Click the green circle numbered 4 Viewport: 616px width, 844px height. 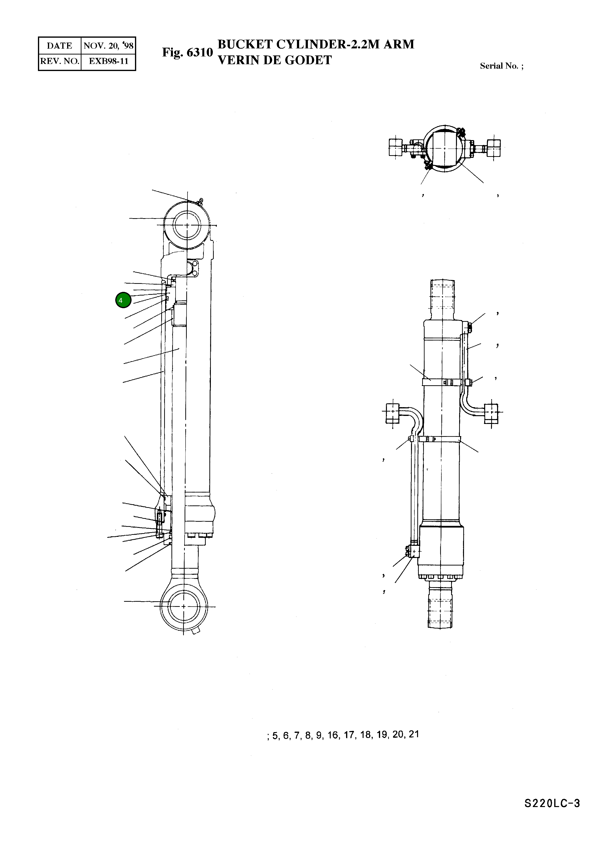point(123,300)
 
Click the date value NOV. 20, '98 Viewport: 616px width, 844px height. point(108,45)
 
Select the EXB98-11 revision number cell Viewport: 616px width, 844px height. point(108,61)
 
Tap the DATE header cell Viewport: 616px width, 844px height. point(60,45)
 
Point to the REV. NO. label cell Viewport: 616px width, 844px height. point(60,61)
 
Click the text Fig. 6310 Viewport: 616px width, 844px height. point(187,52)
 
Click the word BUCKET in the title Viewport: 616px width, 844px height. point(245,44)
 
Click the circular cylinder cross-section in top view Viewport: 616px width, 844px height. point(445,148)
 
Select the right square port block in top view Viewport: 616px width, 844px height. point(494,148)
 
